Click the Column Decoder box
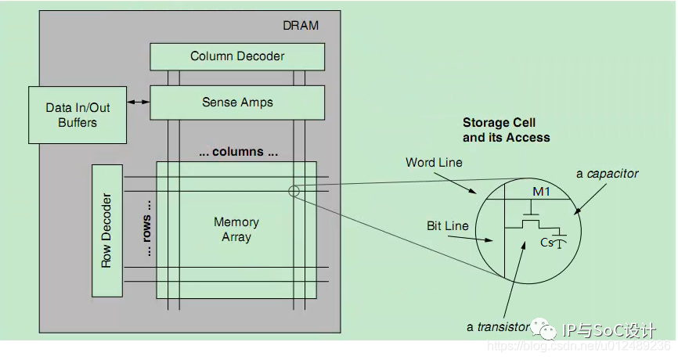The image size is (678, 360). (237, 56)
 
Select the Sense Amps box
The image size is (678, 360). (237, 103)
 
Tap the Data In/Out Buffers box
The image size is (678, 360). (78, 114)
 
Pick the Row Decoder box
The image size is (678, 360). (107, 231)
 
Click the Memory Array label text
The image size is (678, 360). (236, 229)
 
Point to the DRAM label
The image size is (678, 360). (301, 26)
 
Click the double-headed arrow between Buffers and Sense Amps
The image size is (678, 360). (139, 103)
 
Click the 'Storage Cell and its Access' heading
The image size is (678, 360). (506, 130)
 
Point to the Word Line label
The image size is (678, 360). (434, 163)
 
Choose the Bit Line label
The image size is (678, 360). (448, 226)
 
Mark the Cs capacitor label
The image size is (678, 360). (546, 243)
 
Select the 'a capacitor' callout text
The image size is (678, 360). (607, 174)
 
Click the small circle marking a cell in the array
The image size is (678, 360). (294, 190)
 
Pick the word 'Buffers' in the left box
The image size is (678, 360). (78, 123)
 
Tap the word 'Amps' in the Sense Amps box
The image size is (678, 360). (258, 103)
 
